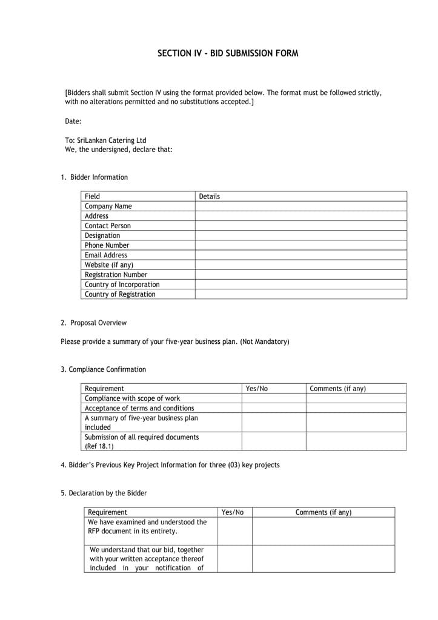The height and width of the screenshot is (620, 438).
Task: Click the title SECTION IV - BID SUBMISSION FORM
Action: [x=228, y=53]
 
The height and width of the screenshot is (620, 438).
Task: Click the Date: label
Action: [x=73, y=121]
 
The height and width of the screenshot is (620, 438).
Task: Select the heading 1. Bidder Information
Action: [x=94, y=177]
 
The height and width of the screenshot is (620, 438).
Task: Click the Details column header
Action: [x=210, y=196]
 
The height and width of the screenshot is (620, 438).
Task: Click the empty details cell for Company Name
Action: [x=300, y=206]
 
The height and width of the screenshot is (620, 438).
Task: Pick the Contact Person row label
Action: [x=108, y=226]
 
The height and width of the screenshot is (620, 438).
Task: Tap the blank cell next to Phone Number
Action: [x=300, y=245]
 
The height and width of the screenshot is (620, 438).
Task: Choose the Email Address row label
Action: [x=106, y=255]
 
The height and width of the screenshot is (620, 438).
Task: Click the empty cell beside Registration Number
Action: [x=300, y=275]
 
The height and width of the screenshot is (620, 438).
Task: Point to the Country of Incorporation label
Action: [x=122, y=285]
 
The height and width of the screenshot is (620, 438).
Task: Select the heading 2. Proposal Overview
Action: [x=94, y=323]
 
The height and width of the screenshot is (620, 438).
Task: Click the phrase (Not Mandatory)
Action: [x=265, y=341]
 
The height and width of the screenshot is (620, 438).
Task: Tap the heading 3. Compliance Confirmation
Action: [x=103, y=369]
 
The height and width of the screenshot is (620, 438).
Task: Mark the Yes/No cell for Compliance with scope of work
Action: [x=273, y=398]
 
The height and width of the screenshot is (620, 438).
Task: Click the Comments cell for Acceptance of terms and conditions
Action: [x=356, y=408]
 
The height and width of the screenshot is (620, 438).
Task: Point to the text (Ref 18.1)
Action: [x=99, y=446]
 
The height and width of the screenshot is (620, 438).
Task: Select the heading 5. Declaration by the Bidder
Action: [x=104, y=493]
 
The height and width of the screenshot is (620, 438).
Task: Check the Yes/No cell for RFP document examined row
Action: [x=234, y=531]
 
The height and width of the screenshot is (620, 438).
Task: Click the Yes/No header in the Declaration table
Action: [x=233, y=512]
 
